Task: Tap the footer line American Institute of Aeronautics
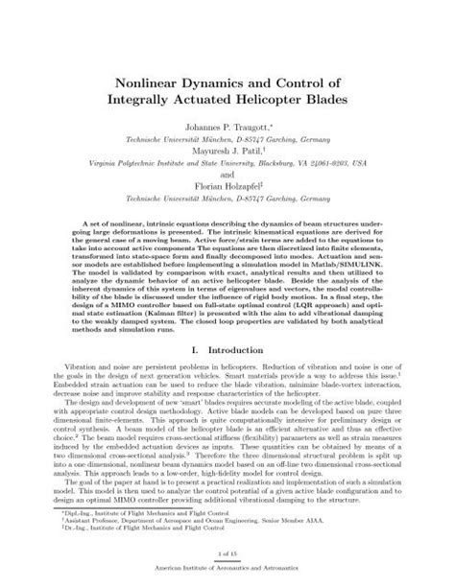pyautogui.click(x=227, y=577)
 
